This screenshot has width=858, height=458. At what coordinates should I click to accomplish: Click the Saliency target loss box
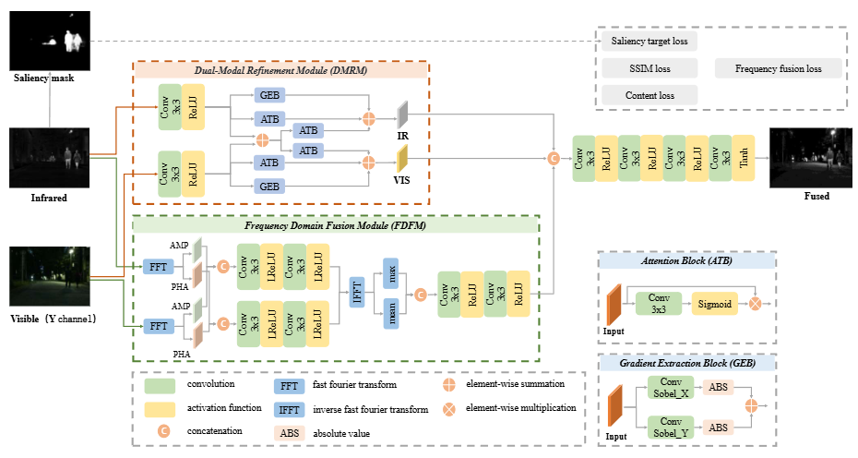649,41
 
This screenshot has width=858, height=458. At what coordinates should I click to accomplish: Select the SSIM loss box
649,68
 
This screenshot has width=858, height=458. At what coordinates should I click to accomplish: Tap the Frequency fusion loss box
778,68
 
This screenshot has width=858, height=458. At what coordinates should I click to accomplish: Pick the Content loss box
649,95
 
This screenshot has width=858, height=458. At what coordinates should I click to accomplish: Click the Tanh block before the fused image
744,158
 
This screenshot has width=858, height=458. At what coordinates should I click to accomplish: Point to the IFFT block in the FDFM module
357,292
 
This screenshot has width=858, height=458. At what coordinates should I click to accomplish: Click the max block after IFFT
391,273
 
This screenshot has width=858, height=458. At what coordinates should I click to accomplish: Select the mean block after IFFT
391,314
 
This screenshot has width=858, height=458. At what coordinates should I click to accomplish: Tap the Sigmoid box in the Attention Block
714,304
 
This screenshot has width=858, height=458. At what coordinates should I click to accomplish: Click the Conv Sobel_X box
671,387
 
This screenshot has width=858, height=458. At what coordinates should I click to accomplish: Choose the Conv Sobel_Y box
671,428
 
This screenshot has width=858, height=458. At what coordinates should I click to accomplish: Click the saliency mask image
50,41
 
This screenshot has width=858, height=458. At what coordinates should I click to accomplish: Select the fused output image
811,158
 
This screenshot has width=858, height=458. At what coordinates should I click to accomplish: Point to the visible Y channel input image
50,276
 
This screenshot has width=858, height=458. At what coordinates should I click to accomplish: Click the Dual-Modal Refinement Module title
280,70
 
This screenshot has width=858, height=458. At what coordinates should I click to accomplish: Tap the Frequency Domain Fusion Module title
336,225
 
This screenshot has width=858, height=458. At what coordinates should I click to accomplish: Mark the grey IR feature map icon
403,114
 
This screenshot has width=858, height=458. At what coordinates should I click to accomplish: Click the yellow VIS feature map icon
403,159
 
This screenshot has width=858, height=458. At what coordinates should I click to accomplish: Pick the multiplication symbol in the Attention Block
755,304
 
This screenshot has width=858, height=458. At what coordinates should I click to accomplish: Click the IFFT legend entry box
289,410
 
